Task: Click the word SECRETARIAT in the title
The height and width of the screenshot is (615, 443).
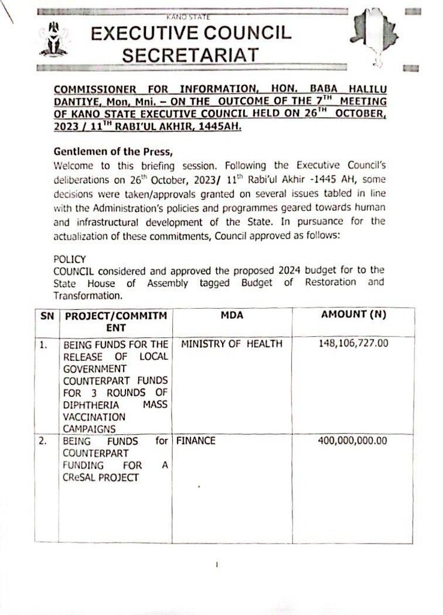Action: [191, 55]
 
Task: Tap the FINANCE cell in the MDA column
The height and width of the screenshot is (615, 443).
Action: [196, 441]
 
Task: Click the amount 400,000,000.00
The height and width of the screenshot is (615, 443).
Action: [352, 441]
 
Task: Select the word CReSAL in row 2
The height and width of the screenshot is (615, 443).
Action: [77, 477]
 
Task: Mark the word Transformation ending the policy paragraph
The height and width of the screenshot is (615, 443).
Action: [88, 295]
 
